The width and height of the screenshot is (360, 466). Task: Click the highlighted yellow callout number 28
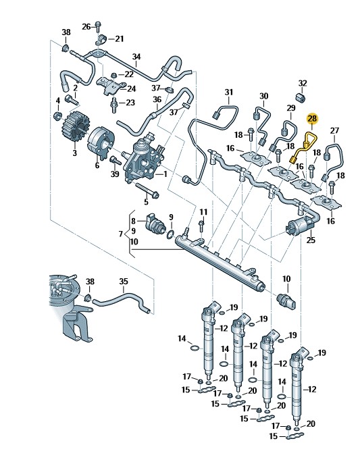click(x=312, y=119)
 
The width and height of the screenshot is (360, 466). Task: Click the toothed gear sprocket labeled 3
click(x=74, y=130)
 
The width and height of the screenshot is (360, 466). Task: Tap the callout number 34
click(x=136, y=57)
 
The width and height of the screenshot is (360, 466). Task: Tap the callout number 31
click(x=229, y=93)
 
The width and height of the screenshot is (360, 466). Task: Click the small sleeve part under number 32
click(x=302, y=97)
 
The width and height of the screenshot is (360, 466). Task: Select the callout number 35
click(x=124, y=281)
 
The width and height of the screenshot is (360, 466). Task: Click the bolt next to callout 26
click(x=98, y=27)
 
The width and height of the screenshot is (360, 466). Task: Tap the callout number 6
click(x=97, y=165)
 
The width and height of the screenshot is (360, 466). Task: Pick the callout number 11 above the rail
click(x=203, y=212)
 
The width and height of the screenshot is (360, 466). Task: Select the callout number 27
click(x=335, y=130)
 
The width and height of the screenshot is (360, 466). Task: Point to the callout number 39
click(x=115, y=174)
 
